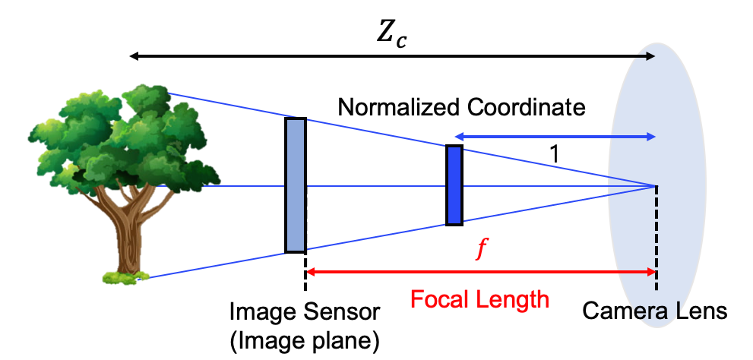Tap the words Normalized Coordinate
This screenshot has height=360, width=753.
[461, 107]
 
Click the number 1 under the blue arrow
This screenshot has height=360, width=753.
[555, 154]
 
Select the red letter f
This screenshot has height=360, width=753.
[479, 251]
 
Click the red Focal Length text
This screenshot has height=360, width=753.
[479, 299]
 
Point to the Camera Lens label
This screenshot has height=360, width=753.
[655, 311]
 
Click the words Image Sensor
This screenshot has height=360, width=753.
[305, 312]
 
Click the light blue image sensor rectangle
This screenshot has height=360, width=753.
[296, 185]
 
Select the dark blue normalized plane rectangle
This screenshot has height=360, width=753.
[454, 185]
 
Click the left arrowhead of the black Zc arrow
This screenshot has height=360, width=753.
[133, 56]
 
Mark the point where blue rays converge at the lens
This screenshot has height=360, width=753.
[655, 185]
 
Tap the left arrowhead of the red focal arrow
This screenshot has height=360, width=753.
[310, 272]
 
